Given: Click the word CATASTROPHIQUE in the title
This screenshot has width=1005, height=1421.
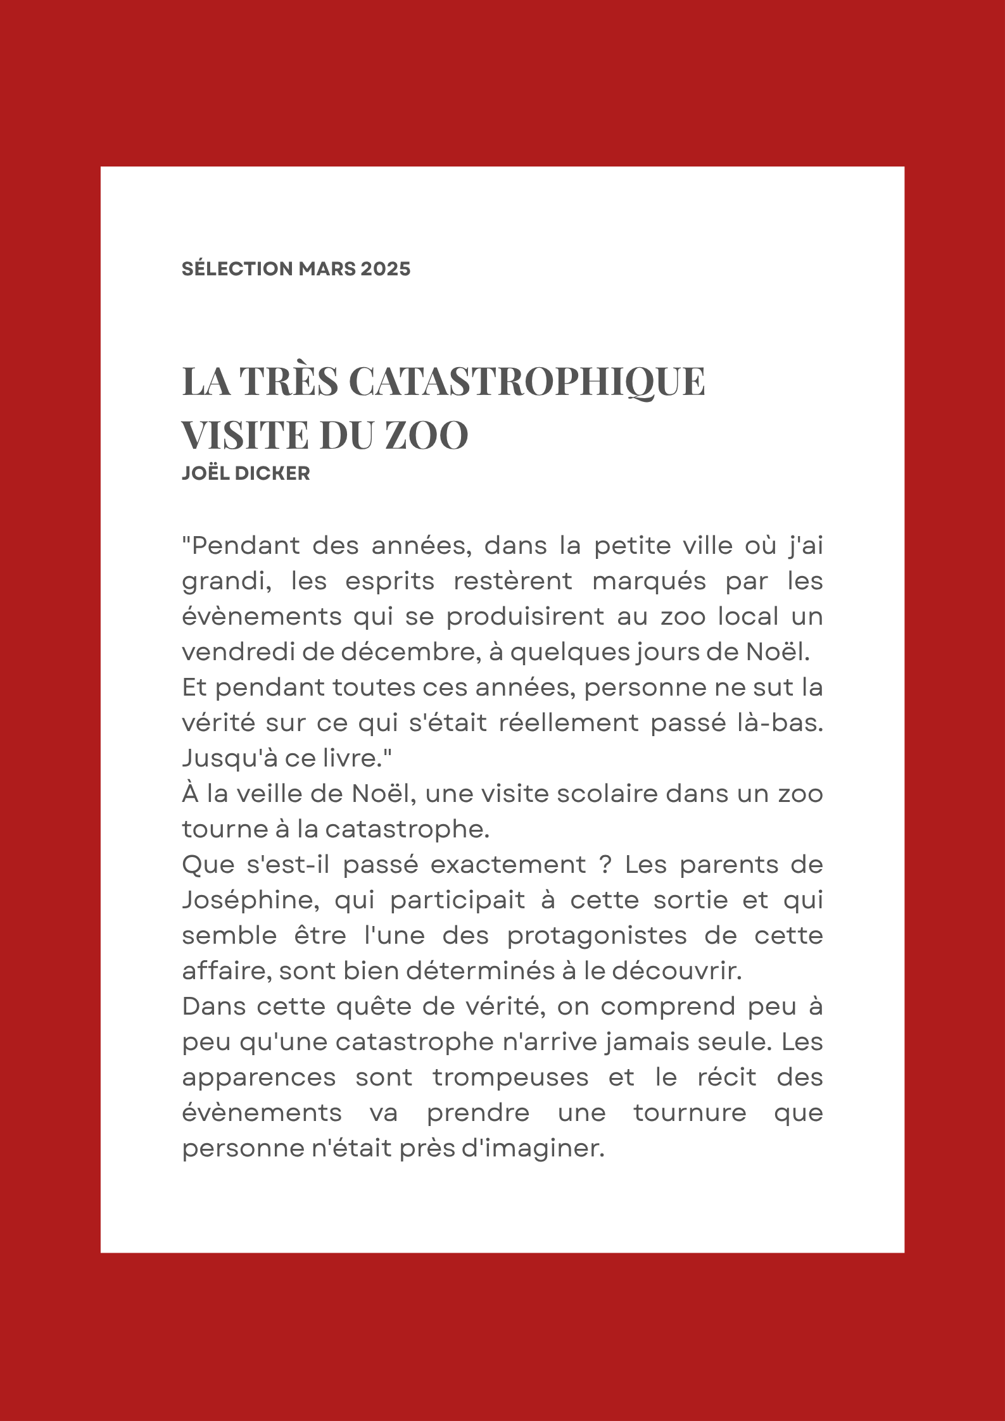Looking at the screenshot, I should click(x=526, y=382).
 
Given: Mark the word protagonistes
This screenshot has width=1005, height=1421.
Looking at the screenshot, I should click(x=597, y=936).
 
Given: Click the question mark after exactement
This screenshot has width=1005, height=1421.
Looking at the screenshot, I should click(x=605, y=865).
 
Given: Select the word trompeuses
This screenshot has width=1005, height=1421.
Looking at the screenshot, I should click(x=510, y=1077).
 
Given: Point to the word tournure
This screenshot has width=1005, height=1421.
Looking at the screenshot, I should click(x=690, y=1113).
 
